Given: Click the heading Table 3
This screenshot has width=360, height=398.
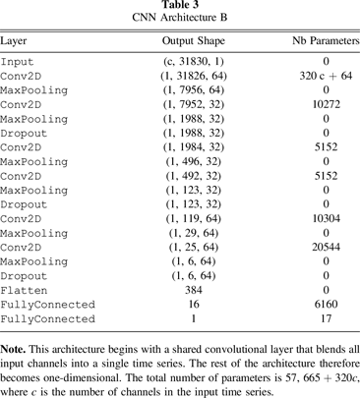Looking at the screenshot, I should pos(179,6).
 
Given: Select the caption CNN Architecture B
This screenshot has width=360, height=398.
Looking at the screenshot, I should pos(179,19).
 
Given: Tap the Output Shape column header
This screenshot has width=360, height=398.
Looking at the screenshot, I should pos(194,42).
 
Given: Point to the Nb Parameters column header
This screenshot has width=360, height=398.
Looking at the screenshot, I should pos(326,42).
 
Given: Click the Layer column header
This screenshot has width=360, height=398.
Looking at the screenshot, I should pos(14,42).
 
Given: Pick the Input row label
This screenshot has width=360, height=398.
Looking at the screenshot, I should pos(17,61).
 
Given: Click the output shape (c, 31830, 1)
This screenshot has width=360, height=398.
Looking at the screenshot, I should pos(193,61).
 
